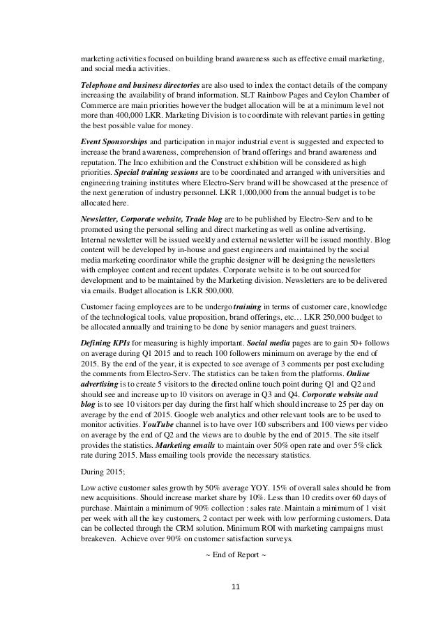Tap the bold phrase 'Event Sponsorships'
point(108,141)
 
